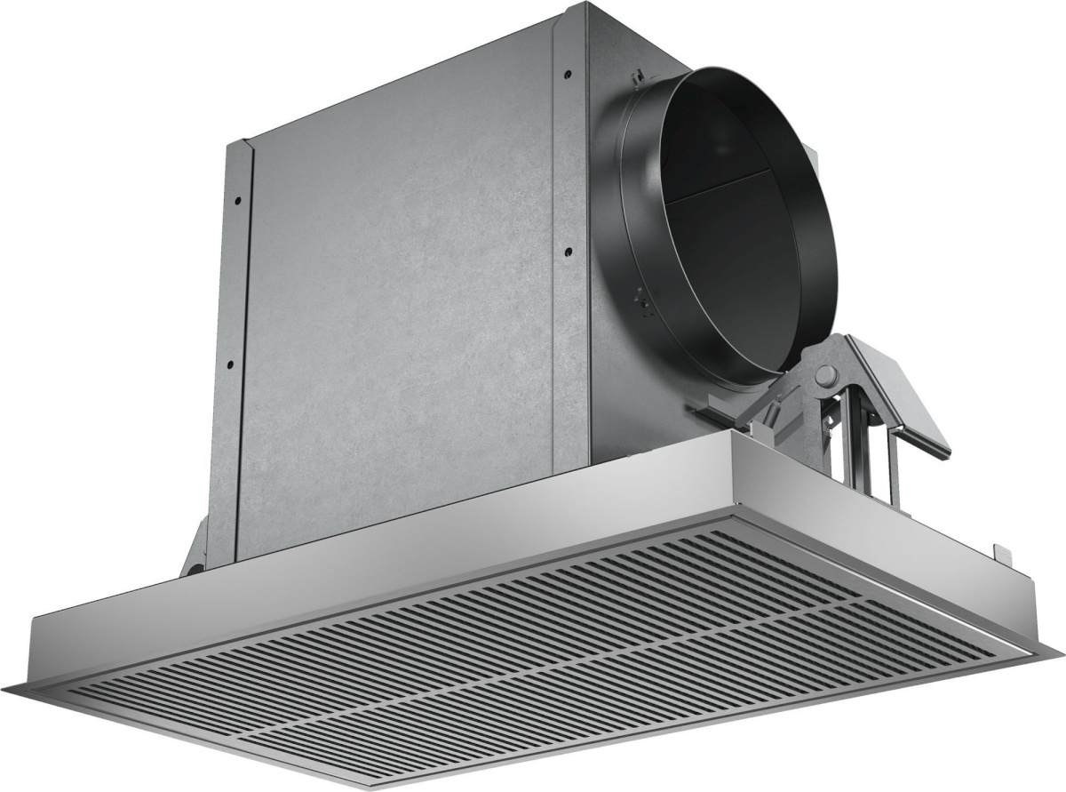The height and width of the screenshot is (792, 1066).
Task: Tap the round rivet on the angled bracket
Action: tap(825, 373)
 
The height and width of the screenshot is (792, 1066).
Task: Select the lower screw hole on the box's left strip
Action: tap(229, 364)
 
